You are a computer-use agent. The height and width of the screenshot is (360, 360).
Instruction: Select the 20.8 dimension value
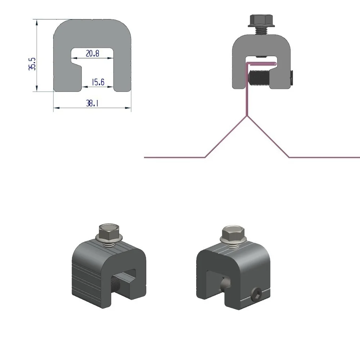click(x=93, y=54)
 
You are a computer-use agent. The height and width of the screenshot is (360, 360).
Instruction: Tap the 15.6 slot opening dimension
click(x=98, y=82)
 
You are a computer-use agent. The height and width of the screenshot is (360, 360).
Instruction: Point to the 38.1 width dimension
click(x=92, y=104)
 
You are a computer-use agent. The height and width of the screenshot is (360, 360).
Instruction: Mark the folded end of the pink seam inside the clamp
click(x=275, y=64)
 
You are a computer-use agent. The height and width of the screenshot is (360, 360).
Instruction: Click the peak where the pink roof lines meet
click(x=247, y=116)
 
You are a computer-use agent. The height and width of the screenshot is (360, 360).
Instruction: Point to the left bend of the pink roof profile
click(x=205, y=157)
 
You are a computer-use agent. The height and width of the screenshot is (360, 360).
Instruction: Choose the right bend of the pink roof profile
click(x=289, y=157)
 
